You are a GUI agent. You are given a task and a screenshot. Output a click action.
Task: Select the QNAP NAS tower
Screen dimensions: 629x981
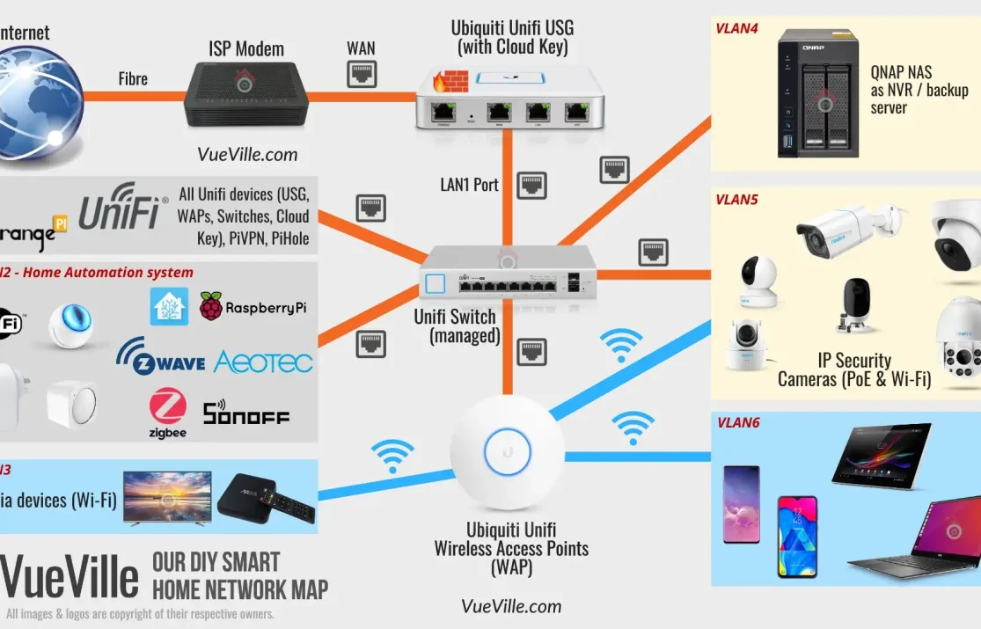[x=817, y=94]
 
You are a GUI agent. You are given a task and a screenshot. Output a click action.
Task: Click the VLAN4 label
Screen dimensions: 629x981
[x=737, y=28]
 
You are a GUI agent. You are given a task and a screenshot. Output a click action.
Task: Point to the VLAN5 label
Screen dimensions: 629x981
[x=737, y=200]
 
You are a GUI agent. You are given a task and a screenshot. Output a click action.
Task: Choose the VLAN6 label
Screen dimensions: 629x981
[x=738, y=423]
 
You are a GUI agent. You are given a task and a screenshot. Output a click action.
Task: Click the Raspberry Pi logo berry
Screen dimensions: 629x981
[x=211, y=306]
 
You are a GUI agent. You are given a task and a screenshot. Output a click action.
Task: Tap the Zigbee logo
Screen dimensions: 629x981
[x=167, y=413]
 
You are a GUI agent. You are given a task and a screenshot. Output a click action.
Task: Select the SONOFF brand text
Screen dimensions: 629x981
[x=245, y=413]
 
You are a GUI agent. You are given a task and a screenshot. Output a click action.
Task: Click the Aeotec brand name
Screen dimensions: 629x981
[x=262, y=362]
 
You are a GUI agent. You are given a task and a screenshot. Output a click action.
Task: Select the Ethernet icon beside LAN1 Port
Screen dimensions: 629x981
[x=531, y=186]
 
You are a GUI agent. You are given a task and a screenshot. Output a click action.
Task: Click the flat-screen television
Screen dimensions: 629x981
[x=167, y=498]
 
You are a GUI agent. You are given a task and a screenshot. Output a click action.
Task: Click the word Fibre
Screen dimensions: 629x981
[x=133, y=79]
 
